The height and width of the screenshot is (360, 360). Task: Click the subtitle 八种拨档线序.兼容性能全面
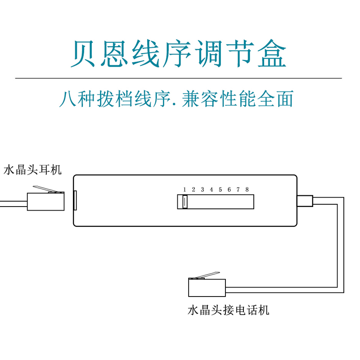tap(176, 99)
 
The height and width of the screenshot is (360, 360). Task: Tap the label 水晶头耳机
tap(33, 170)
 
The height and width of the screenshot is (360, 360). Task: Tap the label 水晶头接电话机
tap(228, 310)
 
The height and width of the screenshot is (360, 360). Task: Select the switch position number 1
tap(184, 189)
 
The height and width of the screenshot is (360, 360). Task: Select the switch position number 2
tap(193, 189)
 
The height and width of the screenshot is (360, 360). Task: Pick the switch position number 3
tap(202, 189)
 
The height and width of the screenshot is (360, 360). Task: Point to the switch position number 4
tap(211, 189)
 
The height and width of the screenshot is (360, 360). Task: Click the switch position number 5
tap(220, 189)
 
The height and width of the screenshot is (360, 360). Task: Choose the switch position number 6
tap(229, 189)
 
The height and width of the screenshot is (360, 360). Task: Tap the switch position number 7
tap(238, 189)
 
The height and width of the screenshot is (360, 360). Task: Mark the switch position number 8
tap(247, 189)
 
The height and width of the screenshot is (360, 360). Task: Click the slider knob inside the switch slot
tap(184, 202)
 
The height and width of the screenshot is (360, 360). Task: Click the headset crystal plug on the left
tap(45, 202)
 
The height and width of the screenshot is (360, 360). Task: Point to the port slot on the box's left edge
tap(75, 200)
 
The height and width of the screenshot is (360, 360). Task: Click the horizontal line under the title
tap(179, 78)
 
